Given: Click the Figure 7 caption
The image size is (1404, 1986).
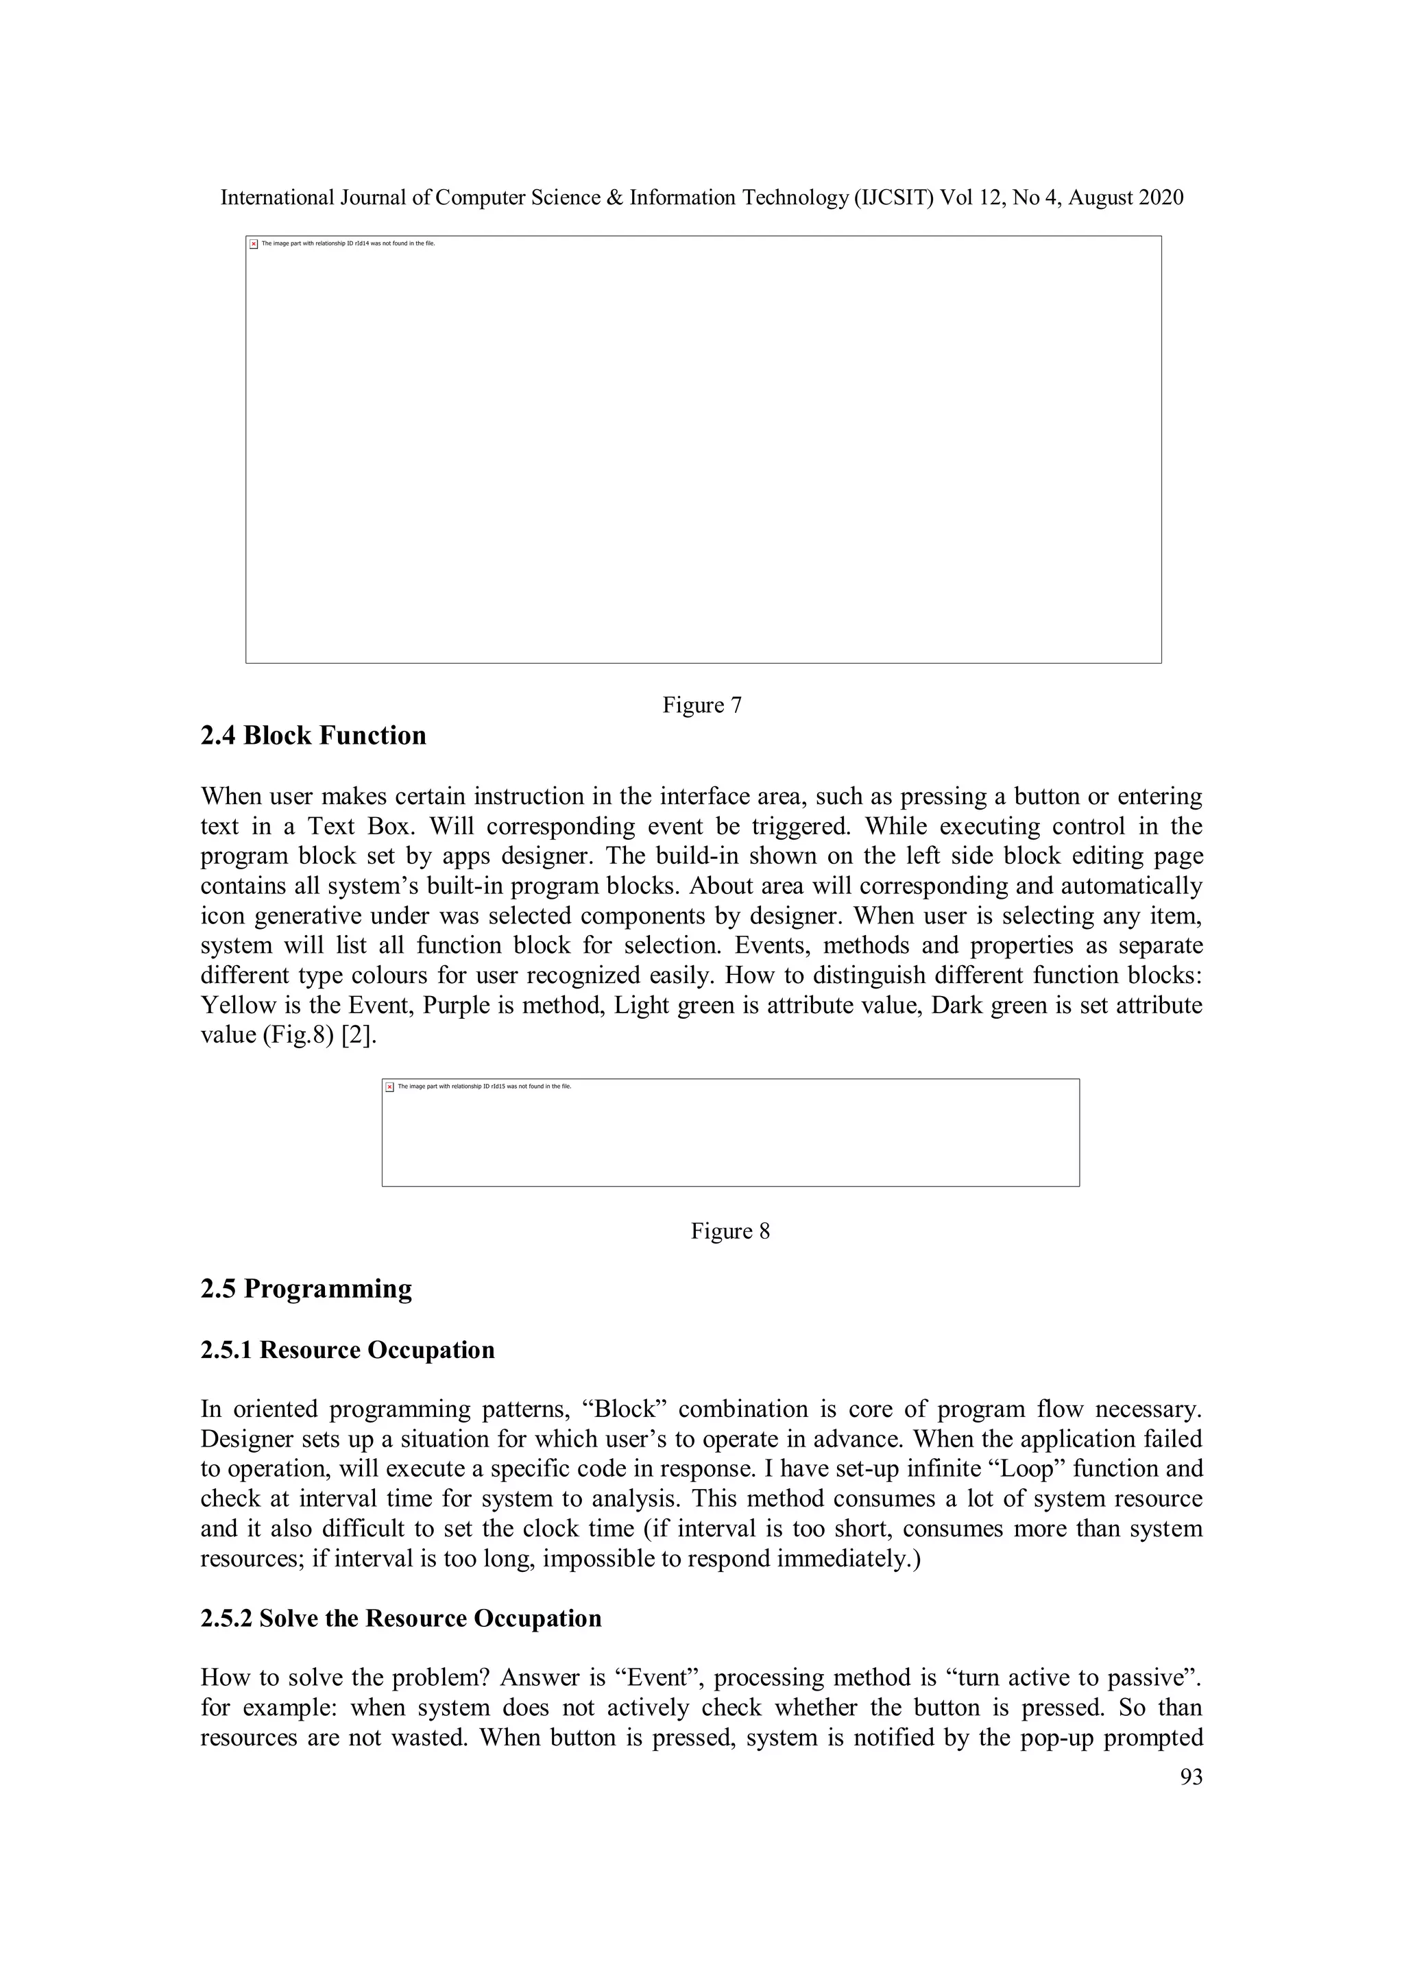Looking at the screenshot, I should (x=701, y=706).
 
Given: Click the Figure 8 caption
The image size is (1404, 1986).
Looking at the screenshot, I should (x=729, y=1231).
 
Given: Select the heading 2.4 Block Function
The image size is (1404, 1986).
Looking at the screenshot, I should (x=313, y=736).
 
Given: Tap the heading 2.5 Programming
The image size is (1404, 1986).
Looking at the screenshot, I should (x=306, y=1289).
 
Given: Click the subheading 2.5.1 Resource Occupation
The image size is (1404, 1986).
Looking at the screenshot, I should (x=347, y=1351).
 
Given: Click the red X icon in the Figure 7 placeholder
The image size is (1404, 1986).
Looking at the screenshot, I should (x=254, y=244).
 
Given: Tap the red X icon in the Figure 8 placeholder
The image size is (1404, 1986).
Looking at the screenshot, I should (x=390, y=1087).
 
